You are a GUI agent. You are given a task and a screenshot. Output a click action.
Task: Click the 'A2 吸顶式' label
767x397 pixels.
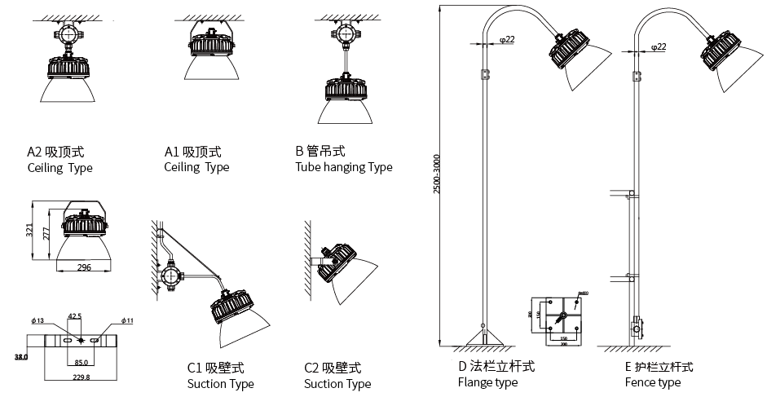pos(56,152)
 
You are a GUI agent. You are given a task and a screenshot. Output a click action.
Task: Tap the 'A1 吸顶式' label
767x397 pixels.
pos(193,152)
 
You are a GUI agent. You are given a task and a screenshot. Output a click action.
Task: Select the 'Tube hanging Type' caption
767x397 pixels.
pos(343,167)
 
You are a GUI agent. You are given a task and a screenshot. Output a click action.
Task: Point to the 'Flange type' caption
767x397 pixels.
pos(487,382)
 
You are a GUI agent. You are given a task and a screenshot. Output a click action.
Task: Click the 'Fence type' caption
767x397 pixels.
pos(652,382)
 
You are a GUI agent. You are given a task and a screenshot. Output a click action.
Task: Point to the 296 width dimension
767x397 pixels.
pos(85,267)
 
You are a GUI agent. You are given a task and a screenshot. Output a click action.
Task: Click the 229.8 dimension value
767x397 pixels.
pos(81,377)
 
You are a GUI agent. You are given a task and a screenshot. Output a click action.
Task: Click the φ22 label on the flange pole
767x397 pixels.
pos(505,39)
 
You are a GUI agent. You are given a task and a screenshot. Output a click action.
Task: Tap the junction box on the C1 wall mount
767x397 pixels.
pos(170,276)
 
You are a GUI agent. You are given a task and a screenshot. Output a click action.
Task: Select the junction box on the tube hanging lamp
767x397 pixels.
pos(342,35)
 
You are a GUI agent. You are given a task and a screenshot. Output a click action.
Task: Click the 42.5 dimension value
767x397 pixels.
pos(75,315)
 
